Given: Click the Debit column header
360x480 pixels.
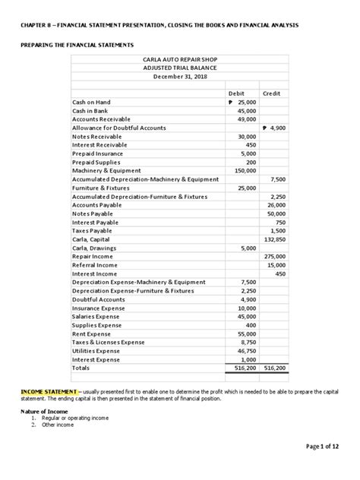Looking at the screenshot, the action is tap(245, 93).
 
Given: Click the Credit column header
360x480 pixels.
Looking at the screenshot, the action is tap(272, 93).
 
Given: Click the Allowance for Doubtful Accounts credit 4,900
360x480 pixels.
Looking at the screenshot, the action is tap(273, 128).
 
